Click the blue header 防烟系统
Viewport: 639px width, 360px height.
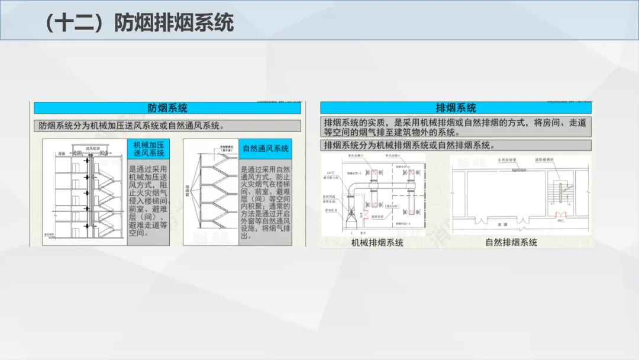[x=167, y=108]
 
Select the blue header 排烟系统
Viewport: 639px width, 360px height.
[x=456, y=108]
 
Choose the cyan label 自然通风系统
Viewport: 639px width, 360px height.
[x=266, y=149]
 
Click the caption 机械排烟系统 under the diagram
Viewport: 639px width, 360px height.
[x=377, y=242]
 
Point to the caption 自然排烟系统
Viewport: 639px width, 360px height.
[x=511, y=242]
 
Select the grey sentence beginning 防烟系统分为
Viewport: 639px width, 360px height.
[x=131, y=126]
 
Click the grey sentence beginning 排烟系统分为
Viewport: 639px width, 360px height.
[x=409, y=145]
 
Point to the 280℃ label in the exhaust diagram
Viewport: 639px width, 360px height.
[x=331, y=173]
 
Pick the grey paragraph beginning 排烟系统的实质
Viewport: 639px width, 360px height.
[x=456, y=127]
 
